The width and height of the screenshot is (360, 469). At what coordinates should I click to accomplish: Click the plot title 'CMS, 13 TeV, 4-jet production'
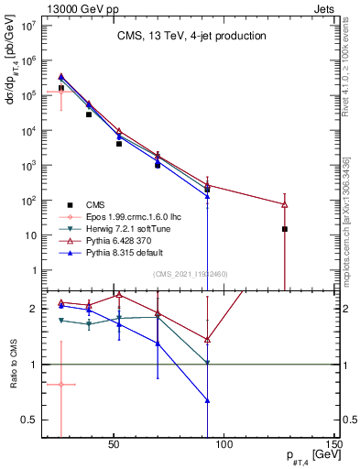191,37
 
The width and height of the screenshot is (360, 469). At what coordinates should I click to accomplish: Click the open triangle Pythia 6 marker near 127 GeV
285,204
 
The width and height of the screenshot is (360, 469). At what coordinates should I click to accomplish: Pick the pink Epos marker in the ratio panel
61,385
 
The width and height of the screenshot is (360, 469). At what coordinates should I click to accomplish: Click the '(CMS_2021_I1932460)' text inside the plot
191,275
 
